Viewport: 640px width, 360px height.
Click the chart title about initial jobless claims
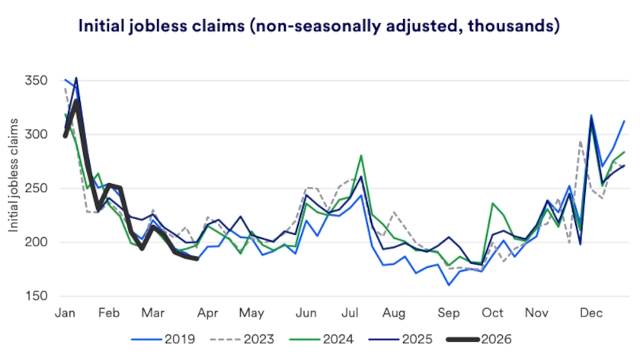point(319,26)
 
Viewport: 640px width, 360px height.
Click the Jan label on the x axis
point(65,313)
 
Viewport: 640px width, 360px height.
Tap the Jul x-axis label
point(350,313)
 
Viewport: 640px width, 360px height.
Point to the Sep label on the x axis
point(449,313)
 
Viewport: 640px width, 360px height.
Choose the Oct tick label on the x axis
point(492,313)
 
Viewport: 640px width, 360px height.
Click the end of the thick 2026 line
point(197,259)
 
